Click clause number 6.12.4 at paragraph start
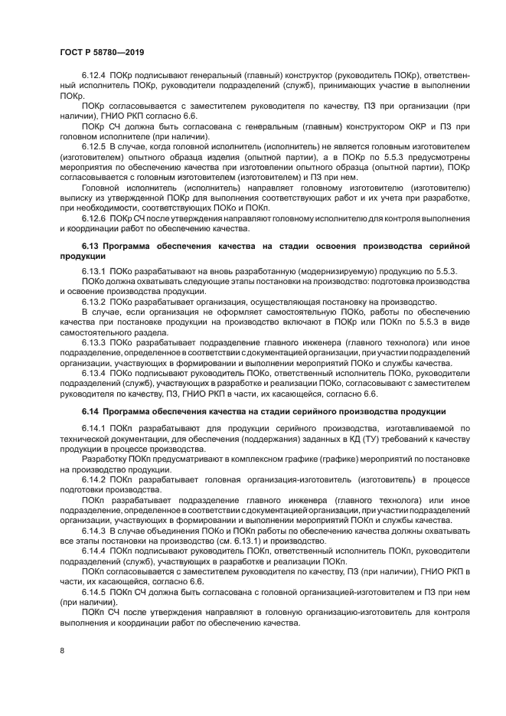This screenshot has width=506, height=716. (94, 77)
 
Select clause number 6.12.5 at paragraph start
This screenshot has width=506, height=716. (94, 145)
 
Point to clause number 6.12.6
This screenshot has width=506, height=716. (94, 217)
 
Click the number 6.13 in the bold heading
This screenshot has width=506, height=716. (92, 245)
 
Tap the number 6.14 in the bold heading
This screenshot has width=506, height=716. (92, 412)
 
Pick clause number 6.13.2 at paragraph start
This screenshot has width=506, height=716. (94, 301)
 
